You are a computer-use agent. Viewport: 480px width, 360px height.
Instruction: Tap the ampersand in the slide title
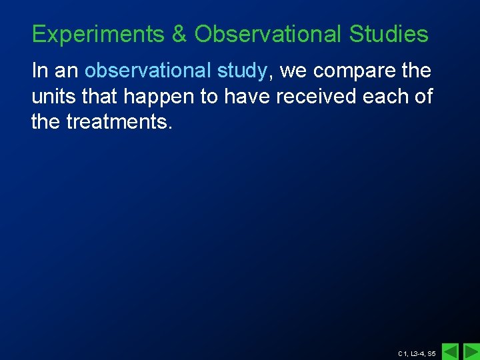tap(179, 34)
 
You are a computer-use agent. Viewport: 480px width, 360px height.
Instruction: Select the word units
tap(52, 97)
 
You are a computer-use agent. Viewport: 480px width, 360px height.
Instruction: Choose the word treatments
tap(119, 123)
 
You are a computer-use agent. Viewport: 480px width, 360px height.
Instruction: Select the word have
tap(247, 97)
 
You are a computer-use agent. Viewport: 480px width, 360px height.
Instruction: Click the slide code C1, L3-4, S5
tap(417, 353)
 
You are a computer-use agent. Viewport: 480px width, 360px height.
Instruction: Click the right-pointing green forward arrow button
tap(471, 351)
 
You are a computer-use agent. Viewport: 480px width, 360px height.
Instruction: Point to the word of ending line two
tap(423, 97)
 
